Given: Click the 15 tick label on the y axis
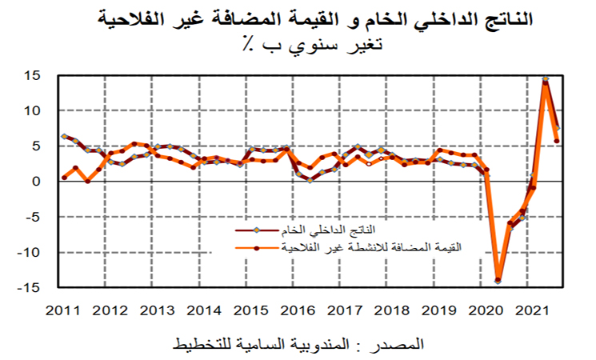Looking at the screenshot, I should coord(32,76).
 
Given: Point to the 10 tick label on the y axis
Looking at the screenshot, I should coord(32,110).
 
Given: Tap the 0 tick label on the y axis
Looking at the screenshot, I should coord(37,182).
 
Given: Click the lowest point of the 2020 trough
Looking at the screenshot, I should coord(498,280).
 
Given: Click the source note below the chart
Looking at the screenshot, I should coord(298,345).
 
